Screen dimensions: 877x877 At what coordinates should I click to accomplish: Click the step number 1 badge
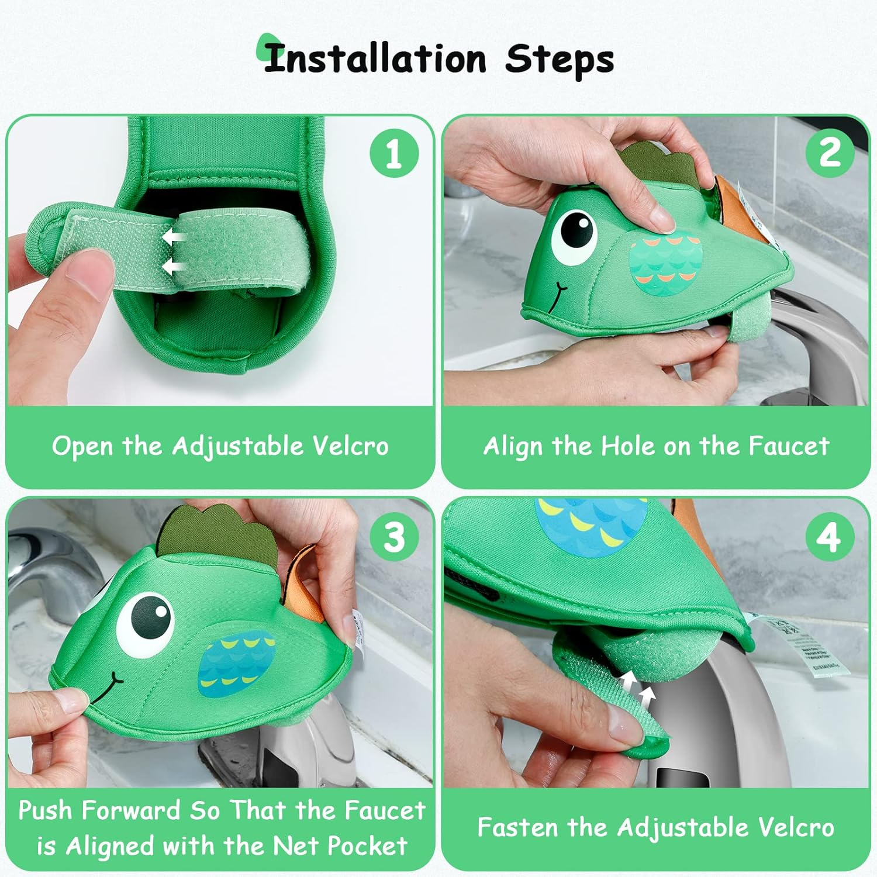click(394, 153)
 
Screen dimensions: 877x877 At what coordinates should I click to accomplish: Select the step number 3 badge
click(394, 536)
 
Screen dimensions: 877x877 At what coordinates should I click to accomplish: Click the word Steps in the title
click(560, 60)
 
